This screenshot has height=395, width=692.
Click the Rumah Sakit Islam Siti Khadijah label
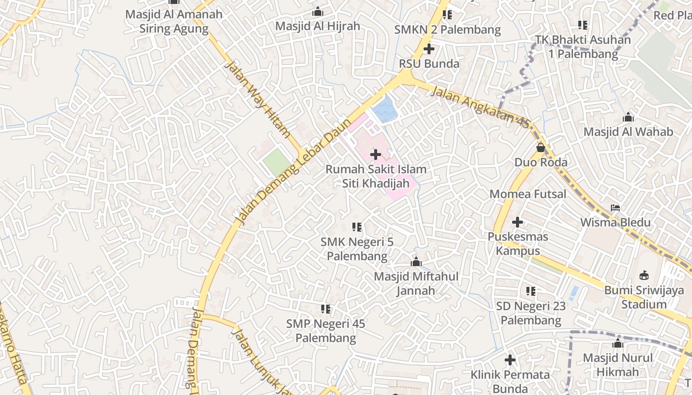click(376, 176)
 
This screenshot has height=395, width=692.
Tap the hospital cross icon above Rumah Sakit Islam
click(376, 155)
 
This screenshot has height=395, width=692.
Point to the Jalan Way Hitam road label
click(258, 99)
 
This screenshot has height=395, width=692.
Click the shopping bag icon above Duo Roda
click(541, 147)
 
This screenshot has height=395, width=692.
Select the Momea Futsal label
click(527, 194)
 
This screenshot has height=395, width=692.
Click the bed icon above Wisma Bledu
click(615, 208)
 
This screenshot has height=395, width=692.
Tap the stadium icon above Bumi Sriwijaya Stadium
click(644, 275)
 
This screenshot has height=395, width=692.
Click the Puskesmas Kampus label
click(518, 243)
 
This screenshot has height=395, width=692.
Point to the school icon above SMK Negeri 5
click(356, 227)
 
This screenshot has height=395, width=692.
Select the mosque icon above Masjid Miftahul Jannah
click(416, 262)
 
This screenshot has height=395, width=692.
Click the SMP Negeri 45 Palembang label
click(325, 331)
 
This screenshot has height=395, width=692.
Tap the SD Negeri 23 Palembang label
click(531, 313)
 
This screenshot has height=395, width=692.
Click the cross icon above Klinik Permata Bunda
click(510, 360)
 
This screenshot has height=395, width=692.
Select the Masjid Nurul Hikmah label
click(617, 364)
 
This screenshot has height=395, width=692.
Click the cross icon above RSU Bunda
click(429, 49)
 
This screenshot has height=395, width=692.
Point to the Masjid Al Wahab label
click(628, 132)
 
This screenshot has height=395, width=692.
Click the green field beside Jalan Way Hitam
click(277, 162)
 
